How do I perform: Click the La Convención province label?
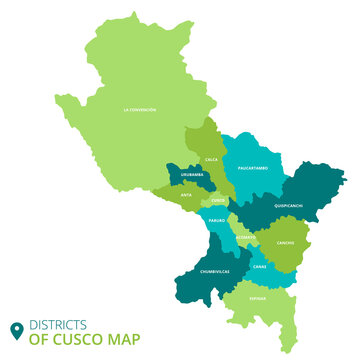[140, 109]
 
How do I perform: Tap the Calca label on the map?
[211, 159]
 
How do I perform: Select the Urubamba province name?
[193, 175]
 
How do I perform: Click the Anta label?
[186, 195]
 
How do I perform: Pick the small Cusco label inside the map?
[218, 200]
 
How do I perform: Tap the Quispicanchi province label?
[288, 205]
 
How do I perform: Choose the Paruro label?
[217, 220]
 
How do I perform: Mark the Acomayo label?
[245, 237]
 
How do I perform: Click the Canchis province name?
[285, 242]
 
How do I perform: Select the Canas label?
[259, 267]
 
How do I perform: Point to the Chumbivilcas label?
[215, 271]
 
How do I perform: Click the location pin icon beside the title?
[16, 330]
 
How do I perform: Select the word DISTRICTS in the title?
[57, 324]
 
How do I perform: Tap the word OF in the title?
[37, 338]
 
